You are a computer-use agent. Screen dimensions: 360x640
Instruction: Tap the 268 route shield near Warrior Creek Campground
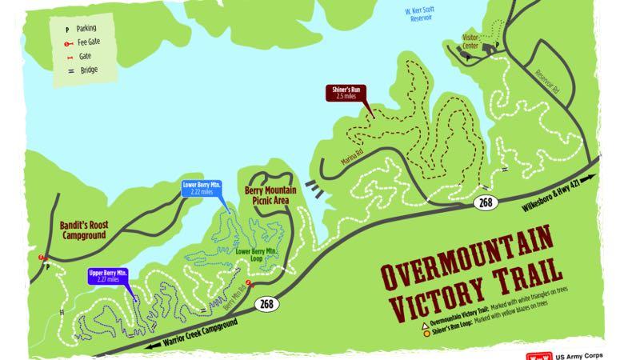click(x=266, y=306)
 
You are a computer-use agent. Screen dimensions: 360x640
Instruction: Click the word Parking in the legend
click(x=86, y=28)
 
